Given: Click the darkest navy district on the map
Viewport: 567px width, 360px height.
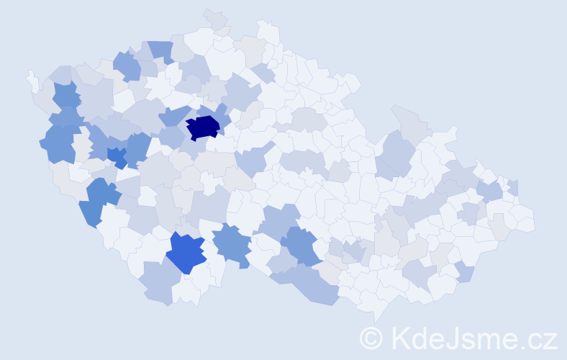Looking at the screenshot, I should pos(203,127).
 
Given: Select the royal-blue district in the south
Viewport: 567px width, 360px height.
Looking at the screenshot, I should pos(187,252).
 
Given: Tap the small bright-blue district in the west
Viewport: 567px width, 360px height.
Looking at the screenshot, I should pos(117,156).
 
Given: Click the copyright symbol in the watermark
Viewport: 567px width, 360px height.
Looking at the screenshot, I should pos(372,338).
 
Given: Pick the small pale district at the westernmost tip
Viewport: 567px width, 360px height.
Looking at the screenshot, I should pos(31,78).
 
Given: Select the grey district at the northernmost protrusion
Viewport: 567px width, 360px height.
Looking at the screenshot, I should pos(215,19).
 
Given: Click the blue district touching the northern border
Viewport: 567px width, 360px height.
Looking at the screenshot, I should pos(161,50).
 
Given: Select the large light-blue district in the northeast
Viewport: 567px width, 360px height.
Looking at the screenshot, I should pos(396,151).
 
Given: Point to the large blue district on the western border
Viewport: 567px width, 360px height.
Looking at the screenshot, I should pos(59,142).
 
